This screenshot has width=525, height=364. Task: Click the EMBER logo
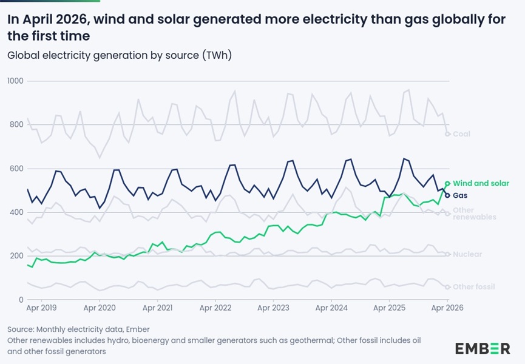tap(483, 349)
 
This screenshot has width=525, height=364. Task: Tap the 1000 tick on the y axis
tap(15, 81)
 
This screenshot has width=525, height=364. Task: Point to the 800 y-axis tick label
tap(16, 124)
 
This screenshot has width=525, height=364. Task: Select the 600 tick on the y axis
tap(16, 169)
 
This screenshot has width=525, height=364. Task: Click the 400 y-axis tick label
tap(16, 212)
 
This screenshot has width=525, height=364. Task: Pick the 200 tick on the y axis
tap(16, 256)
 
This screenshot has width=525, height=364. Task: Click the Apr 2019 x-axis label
tap(41, 308)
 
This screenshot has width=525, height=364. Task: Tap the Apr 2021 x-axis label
tap(157, 308)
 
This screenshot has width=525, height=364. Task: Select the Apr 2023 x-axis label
tap(273, 308)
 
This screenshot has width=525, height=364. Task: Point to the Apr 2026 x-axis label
tap(447, 308)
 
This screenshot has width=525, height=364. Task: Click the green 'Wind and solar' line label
tap(481, 183)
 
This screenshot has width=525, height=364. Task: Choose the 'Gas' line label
tap(460, 195)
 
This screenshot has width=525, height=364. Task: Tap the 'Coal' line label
tap(461, 134)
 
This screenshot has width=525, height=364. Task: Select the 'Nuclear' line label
tap(467, 254)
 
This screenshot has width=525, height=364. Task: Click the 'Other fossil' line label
tap(474, 287)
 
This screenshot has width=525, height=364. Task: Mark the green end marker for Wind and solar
tap(447, 183)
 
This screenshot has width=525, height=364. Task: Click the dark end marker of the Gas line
tap(447, 195)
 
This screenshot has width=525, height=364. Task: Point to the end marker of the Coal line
tap(447, 134)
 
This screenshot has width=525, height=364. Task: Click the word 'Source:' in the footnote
tap(21, 329)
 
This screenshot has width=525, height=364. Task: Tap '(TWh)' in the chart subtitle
tap(217, 55)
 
